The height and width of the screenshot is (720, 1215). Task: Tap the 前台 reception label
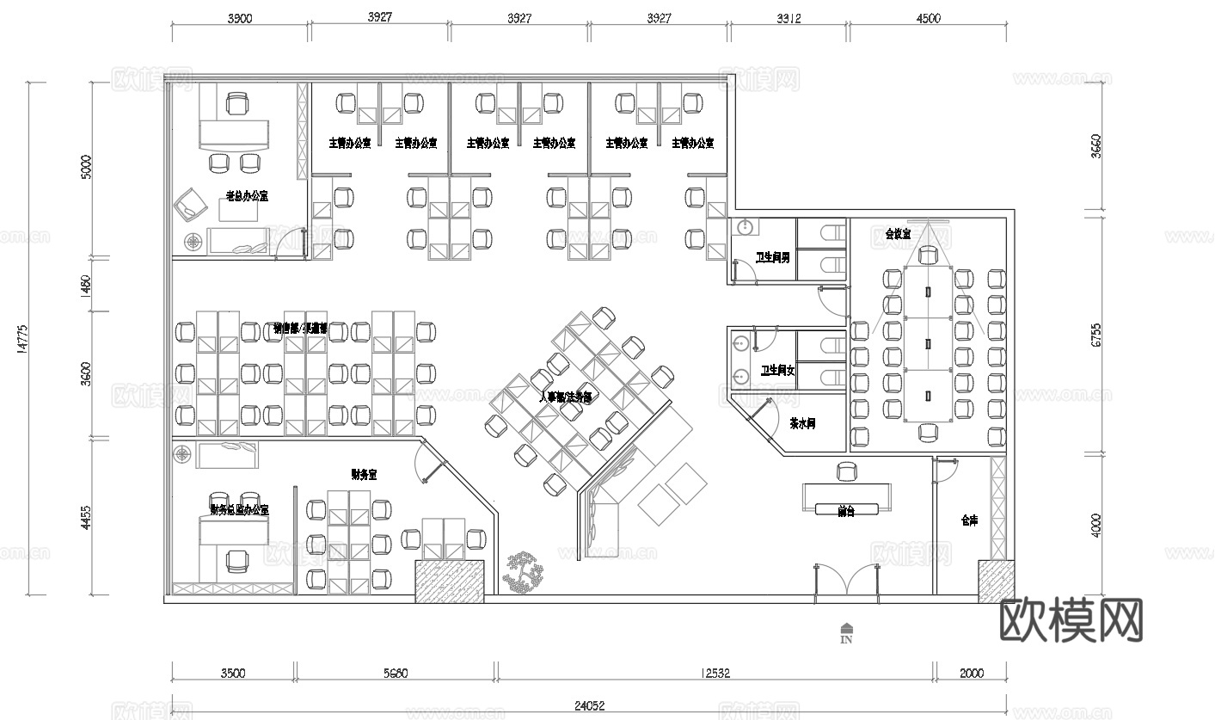(x=846, y=511)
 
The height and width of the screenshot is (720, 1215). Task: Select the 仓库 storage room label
(x=969, y=520)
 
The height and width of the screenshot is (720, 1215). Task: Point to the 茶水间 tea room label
(x=801, y=424)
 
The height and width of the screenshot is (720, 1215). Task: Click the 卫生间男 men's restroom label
(x=771, y=257)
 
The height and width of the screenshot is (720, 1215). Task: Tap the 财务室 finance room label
(x=365, y=473)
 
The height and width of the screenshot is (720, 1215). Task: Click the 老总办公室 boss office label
(x=247, y=196)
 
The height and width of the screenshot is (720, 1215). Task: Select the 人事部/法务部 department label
(x=565, y=397)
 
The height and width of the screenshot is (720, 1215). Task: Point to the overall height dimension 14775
(x=23, y=337)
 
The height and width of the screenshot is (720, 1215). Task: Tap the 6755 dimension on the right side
(x=1095, y=335)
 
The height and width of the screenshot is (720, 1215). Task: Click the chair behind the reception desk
(x=847, y=471)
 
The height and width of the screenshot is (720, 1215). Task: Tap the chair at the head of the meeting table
(x=927, y=255)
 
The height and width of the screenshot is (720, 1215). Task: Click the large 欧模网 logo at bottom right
(x=1072, y=619)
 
